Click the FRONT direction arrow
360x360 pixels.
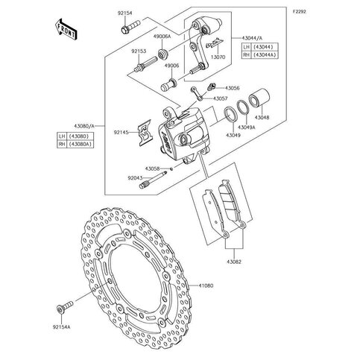(x=66, y=29)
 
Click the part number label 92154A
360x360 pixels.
(x=61, y=327)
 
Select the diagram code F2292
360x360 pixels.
(x=299, y=11)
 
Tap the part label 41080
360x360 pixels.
(x=206, y=285)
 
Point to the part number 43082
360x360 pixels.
(x=234, y=262)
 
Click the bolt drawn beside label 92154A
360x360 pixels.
(x=64, y=306)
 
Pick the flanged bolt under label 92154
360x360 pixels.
(x=131, y=27)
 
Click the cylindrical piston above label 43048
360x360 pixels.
(x=259, y=98)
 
